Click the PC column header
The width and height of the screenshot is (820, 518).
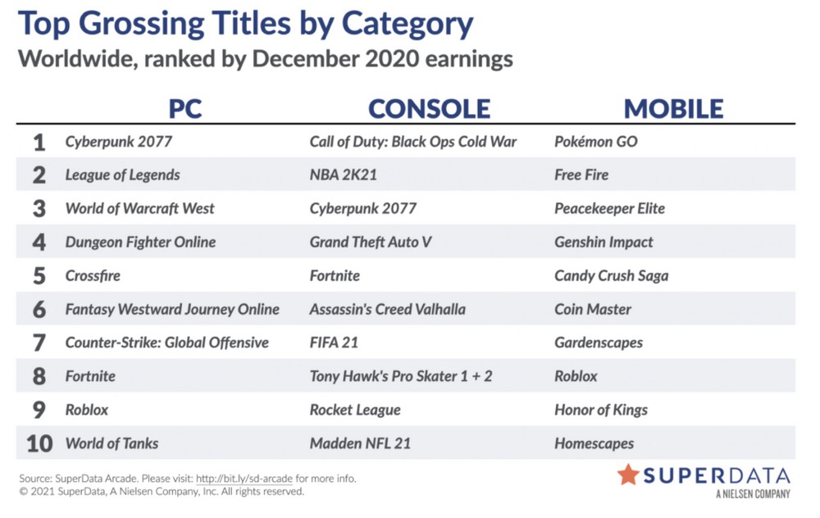pos(185,109)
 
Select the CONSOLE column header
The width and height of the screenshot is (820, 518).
pos(430,109)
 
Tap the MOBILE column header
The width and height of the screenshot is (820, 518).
pos(673,109)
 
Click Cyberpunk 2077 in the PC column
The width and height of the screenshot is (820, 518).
pos(119,142)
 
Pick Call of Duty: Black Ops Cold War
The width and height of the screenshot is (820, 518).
pos(413,142)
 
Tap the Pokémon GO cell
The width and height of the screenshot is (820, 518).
pos(596,142)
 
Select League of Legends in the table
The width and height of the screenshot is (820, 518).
pos(122,175)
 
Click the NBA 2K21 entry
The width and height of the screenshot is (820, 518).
pos(343,175)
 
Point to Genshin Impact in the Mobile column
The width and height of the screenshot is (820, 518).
pos(604,242)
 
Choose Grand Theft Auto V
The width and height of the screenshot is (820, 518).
pos(371,242)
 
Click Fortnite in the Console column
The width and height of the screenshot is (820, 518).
pos(335,275)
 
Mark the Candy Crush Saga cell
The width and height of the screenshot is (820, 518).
pos(612,275)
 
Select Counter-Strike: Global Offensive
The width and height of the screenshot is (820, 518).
pos(166,343)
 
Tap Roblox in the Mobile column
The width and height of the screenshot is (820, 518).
pos(576,376)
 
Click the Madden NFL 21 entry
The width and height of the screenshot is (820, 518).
pos(360,443)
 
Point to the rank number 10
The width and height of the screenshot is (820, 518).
pos(39,443)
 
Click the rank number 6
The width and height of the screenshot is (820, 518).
pos(39,310)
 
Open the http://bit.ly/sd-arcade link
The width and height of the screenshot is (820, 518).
pos(244,479)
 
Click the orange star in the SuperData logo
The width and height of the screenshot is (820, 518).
pos(628,475)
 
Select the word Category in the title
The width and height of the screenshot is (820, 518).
pos(408,24)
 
